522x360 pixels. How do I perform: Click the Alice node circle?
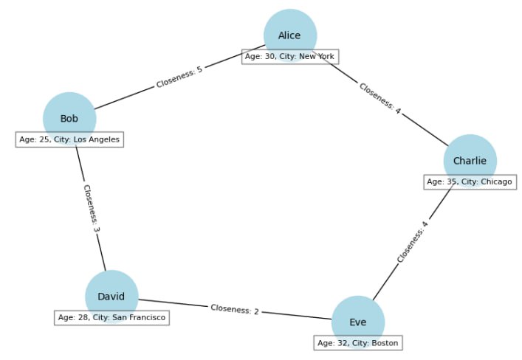tap(290, 35)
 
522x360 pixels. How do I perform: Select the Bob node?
tap(69, 119)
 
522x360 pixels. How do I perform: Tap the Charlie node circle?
tap(470, 161)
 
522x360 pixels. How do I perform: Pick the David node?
tap(111, 297)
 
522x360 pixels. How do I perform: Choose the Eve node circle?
tap(358, 322)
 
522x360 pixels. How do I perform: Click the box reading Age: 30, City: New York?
tap(290, 57)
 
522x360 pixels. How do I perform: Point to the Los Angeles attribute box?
tap(69, 139)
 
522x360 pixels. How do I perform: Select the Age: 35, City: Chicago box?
tap(470, 182)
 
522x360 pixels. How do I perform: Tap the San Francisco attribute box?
tap(112, 317)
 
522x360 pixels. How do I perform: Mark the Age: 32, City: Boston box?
tap(358, 343)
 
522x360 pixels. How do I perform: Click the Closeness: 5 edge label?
tap(179, 77)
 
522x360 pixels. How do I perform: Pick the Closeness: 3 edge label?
tap(92, 209)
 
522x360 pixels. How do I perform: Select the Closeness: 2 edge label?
tap(235, 309)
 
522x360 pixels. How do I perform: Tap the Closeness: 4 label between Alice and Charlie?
tap(380, 98)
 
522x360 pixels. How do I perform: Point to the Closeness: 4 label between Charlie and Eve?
tap(413, 241)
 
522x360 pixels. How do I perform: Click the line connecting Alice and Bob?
tap(179, 77)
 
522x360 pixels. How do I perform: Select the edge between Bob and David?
tap(91, 209)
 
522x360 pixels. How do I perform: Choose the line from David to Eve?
tap(235, 309)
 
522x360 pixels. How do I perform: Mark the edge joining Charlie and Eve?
tap(413, 242)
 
